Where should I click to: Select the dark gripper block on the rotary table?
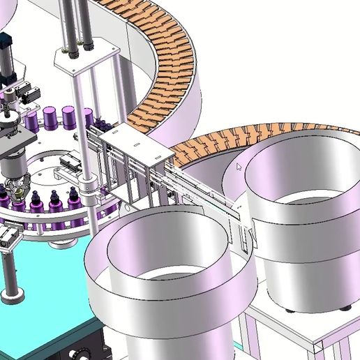pos(70,165)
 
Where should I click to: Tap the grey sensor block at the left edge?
pos(7,237)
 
